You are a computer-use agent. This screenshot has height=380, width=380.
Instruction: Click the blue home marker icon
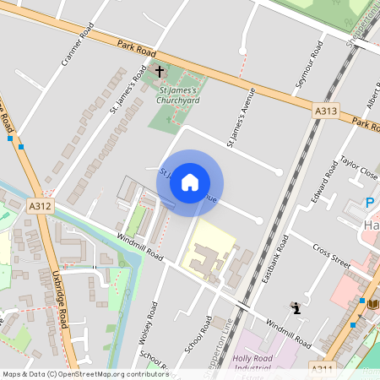(x=190, y=182)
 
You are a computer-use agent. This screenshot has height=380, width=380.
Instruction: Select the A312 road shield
(x=40, y=205)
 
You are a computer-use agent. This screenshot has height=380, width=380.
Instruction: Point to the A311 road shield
(x=322, y=369)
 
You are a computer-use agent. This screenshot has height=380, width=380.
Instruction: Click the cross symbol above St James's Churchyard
(x=160, y=73)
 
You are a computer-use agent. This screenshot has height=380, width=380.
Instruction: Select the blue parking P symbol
(x=369, y=202)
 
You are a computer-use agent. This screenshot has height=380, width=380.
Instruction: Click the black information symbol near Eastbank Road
(x=296, y=308)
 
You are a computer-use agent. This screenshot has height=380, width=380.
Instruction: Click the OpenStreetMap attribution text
(x=84, y=374)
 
